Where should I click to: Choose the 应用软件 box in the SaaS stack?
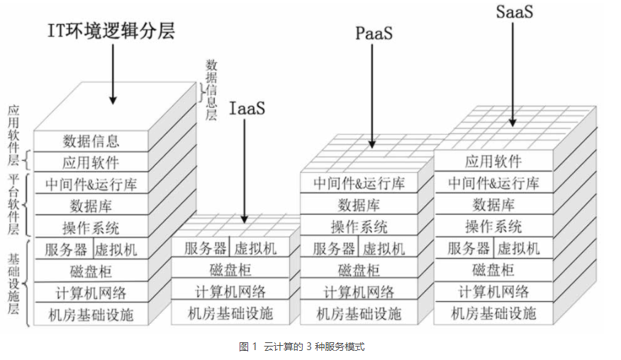pyautogui.click(x=493, y=161)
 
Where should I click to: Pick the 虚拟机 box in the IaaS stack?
pyautogui.click(x=255, y=248)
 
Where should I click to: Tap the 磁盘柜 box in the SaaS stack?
pyautogui.click(x=493, y=270)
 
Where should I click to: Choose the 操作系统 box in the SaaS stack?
pyautogui.click(x=493, y=226)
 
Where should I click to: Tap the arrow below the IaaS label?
pyautogui.click(x=245, y=170)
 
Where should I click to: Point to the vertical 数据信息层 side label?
pyautogui.click(x=211, y=90)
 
